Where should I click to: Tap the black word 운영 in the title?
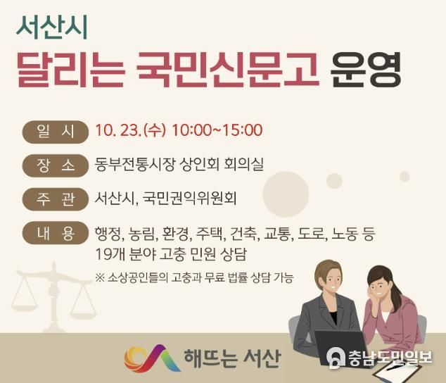click(x=366, y=70)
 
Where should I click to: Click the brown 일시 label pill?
click(x=56, y=132)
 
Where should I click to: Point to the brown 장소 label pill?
click(x=56, y=165)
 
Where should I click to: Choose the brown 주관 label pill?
click(x=56, y=199)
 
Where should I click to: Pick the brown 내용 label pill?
click(x=56, y=233)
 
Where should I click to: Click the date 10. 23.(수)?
click(x=130, y=131)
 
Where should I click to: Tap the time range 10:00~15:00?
click(x=217, y=130)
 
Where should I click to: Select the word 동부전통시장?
click(x=134, y=165)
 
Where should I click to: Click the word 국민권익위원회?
click(x=189, y=199)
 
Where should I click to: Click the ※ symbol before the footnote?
click(x=100, y=277)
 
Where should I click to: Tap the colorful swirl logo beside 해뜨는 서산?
click(x=152, y=358)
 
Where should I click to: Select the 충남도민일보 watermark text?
click(x=390, y=358)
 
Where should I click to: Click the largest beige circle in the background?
click(x=286, y=194)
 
